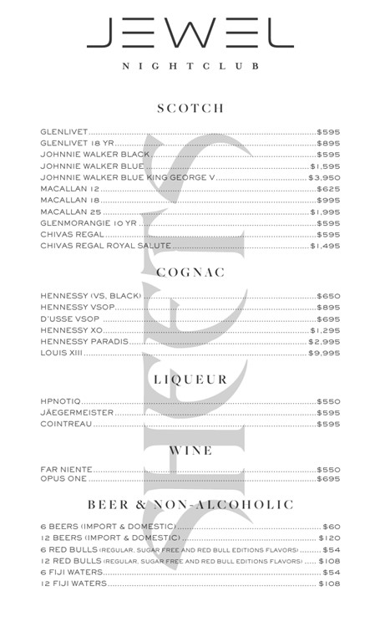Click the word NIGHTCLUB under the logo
(190, 65)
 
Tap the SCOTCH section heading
(190, 109)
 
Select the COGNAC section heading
(190, 273)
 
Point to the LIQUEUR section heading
(190, 379)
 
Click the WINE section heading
(190, 450)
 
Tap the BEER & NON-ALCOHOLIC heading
(190, 505)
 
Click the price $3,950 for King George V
(324, 178)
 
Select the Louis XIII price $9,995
(324, 354)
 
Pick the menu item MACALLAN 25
(70, 212)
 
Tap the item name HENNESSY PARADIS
(84, 342)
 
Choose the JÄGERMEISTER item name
(77, 413)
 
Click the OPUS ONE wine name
(63, 479)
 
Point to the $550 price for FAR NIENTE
(328, 470)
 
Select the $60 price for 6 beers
(332, 527)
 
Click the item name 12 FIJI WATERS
(73, 584)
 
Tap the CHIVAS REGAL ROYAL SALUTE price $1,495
(325, 247)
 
